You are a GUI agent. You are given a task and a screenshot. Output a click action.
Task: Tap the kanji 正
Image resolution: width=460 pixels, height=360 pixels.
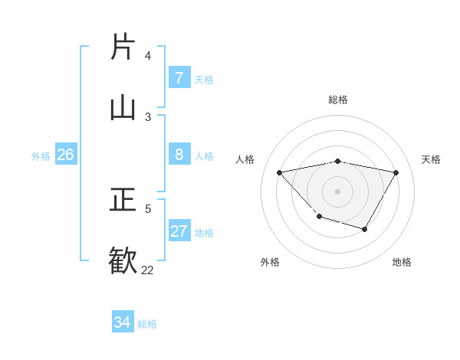(x=123, y=200)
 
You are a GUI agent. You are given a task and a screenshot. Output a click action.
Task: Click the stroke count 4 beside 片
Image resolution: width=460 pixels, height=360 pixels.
(x=148, y=56)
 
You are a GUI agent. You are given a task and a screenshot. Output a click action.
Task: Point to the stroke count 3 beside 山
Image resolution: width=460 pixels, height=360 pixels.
(x=148, y=116)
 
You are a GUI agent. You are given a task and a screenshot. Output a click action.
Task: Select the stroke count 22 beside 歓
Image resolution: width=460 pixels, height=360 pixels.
(x=147, y=270)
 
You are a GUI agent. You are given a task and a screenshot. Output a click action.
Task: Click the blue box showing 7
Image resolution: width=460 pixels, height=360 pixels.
(x=179, y=78)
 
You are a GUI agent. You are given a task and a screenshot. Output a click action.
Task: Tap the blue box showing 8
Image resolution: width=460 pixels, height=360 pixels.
(x=179, y=155)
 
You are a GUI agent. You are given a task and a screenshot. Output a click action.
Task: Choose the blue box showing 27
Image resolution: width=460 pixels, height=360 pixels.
(x=179, y=231)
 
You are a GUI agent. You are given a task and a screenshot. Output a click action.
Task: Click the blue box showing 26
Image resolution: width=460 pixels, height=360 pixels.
(x=65, y=155)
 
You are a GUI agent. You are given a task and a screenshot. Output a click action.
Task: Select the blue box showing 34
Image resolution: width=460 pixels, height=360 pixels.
(x=123, y=322)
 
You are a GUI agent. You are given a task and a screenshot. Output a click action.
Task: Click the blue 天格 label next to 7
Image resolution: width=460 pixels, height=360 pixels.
(x=204, y=80)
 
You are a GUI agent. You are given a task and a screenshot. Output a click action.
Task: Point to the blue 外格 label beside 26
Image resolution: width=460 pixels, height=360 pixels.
(x=41, y=156)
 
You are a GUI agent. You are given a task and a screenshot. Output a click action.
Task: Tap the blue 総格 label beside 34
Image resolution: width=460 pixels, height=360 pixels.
(x=147, y=324)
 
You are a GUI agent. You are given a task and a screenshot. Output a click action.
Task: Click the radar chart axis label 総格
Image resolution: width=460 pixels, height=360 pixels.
(x=338, y=100)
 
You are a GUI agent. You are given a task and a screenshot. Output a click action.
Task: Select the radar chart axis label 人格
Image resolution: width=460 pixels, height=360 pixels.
(x=245, y=159)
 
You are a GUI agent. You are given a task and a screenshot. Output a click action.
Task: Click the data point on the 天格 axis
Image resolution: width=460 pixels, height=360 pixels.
(x=396, y=172)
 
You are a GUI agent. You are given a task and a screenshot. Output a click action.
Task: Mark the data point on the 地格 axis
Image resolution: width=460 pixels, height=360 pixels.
(x=365, y=229)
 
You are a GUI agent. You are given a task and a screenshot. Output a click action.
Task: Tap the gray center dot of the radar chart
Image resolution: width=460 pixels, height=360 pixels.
(x=337, y=191)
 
